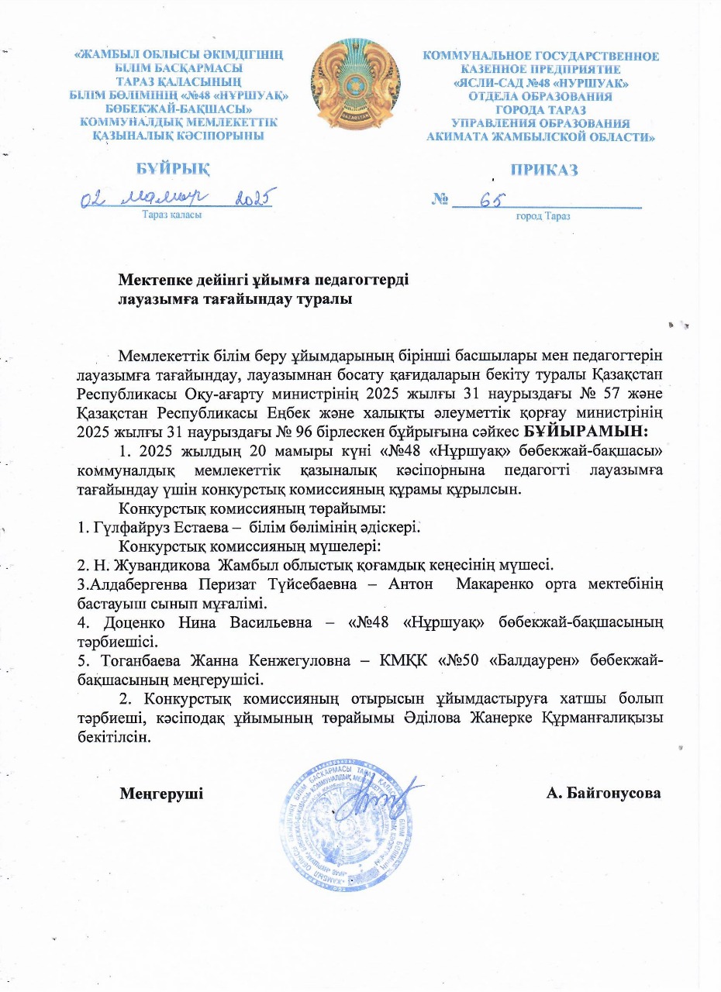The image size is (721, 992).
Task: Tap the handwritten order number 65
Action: [492, 200]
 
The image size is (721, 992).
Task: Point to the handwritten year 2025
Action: [251, 199]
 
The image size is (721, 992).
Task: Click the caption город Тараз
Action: [543, 216]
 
